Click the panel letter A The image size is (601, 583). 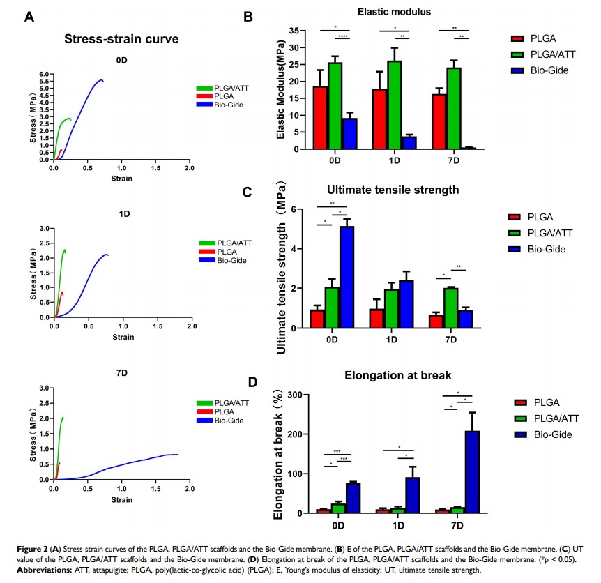(29, 17)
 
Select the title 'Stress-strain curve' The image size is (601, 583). (121, 39)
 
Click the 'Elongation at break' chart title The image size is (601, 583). (395, 377)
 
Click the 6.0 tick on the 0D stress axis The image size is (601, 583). (44, 74)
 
